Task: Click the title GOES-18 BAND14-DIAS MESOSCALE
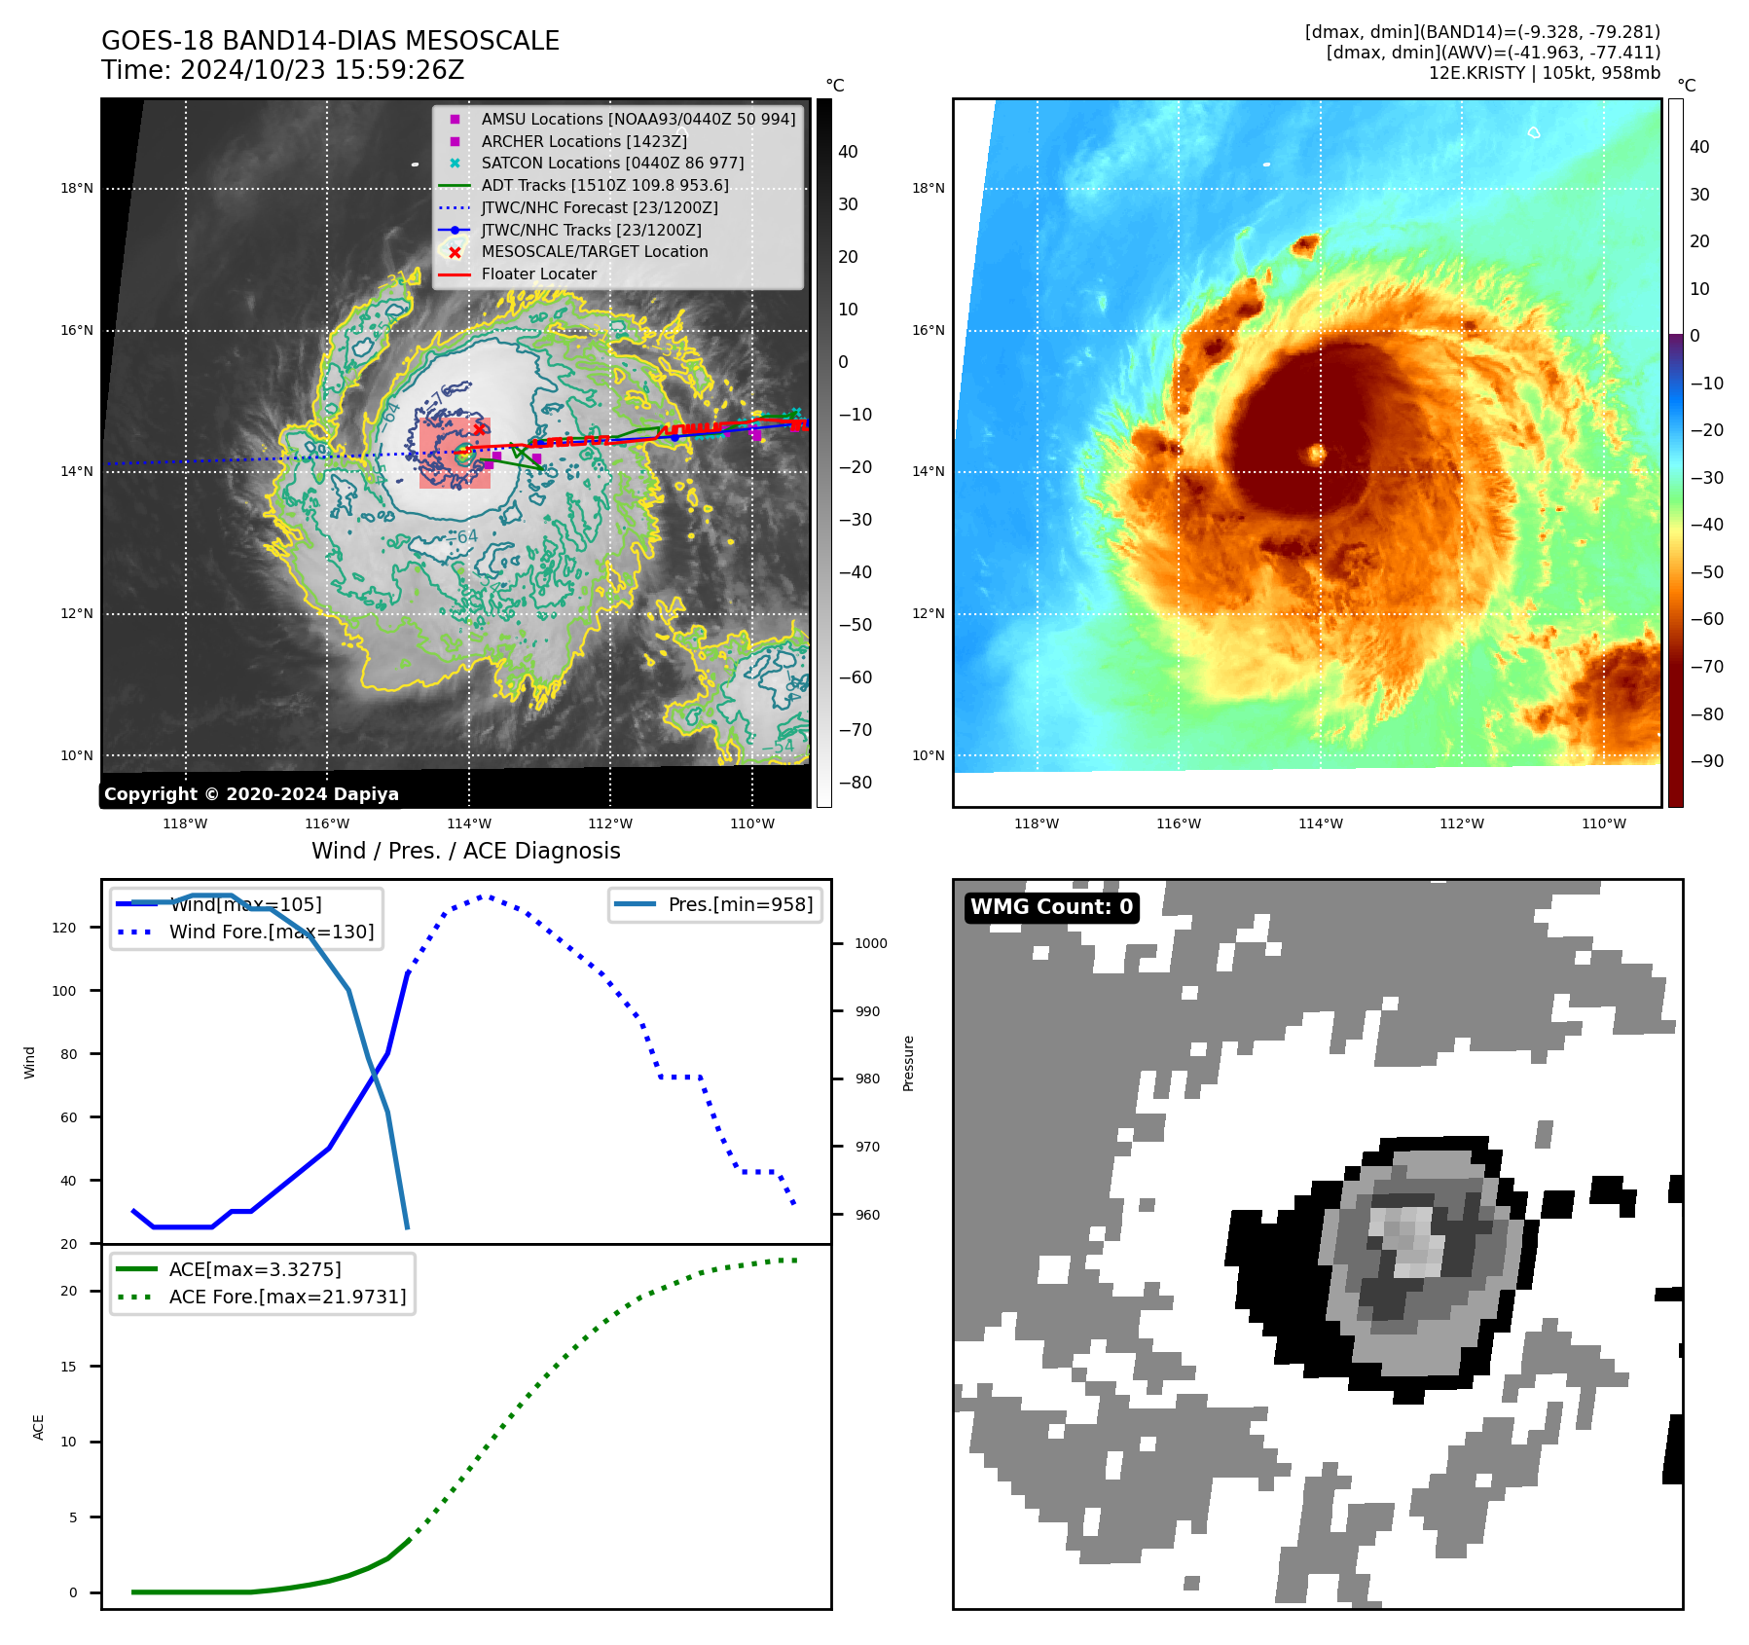(x=330, y=41)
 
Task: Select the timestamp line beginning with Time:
(x=282, y=71)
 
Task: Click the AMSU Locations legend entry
(x=638, y=119)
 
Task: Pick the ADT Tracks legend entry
(x=604, y=185)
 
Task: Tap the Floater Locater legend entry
(x=538, y=274)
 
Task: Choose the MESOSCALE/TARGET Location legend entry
(x=594, y=251)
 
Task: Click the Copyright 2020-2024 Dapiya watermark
(x=251, y=794)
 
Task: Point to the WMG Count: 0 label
(x=1051, y=907)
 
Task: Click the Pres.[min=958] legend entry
(x=740, y=904)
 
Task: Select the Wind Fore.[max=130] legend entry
(x=271, y=932)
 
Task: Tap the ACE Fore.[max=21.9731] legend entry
(x=287, y=1297)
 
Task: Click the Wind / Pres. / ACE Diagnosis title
(x=465, y=851)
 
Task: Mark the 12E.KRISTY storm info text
(x=1544, y=73)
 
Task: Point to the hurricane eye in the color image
(x=1317, y=453)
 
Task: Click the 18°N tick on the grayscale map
(x=77, y=189)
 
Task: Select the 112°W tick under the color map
(x=1462, y=823)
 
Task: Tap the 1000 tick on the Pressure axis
(x=871, y=943)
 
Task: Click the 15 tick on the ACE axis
(x=68, y=1367)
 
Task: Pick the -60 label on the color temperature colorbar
(x=1706, y=619)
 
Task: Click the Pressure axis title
(x=908, y=1063)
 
